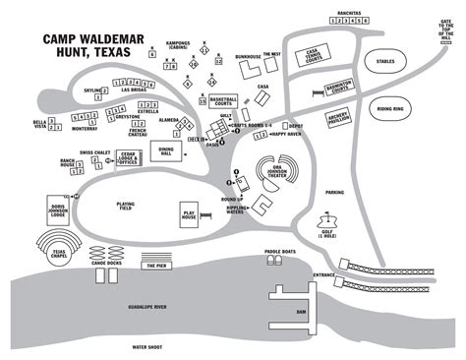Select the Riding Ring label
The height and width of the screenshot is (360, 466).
coord(390,110)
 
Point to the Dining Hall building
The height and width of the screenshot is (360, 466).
coord(165,152)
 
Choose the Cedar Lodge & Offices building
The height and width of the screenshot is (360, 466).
coord(128,161)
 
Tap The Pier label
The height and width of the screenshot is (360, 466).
coord(155,266)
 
